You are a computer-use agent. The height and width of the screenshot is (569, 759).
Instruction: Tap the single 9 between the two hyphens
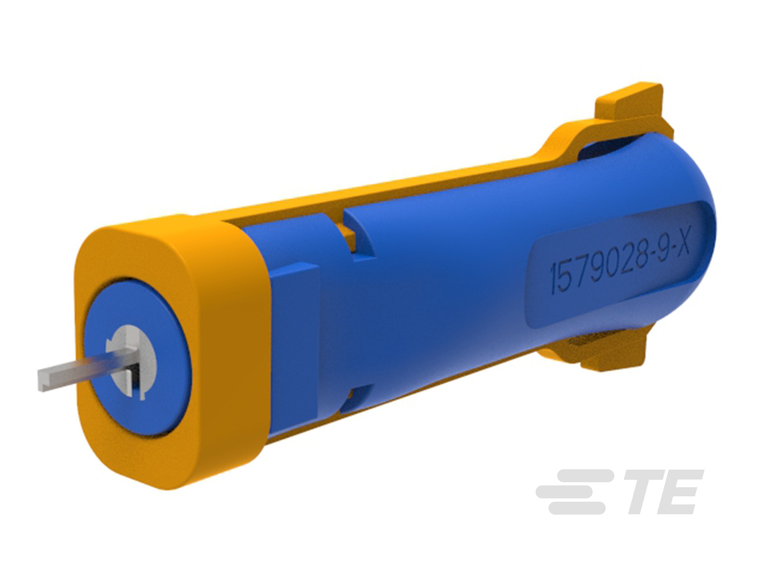tap(659, 250)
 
